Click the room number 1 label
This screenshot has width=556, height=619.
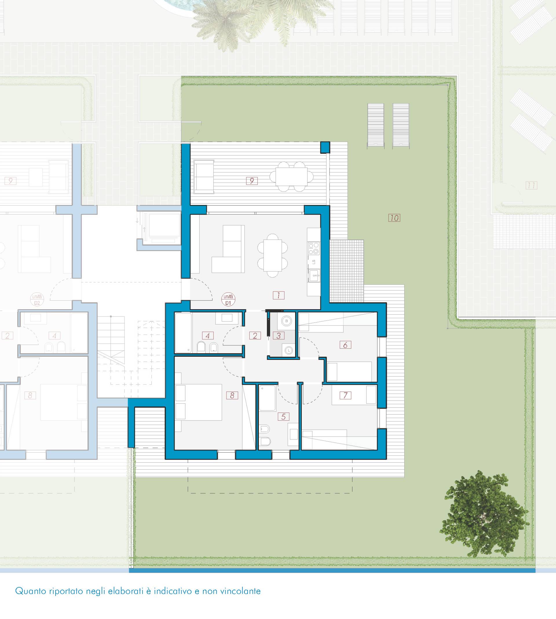click(279, 295)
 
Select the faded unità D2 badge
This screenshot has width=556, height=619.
click(37, 299)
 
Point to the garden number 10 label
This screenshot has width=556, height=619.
click(394, 218)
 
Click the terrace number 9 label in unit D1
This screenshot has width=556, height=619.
click(252, 181)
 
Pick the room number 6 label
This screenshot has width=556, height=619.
click(345, 345)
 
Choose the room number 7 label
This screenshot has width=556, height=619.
click(345, 395)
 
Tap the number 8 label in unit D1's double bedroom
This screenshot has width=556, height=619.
click(232, 395)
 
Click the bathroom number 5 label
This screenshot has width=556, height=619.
click(284, 417)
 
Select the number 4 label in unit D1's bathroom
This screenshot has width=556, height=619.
click(208, 336)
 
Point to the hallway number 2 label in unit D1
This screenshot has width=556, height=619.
click(255, 336)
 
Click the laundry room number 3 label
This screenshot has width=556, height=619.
click(278, 336)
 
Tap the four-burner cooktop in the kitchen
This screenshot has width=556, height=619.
click(314, 248)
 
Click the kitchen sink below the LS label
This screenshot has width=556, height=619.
click(314, 277)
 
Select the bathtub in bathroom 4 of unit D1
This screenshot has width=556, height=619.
click(183, 333)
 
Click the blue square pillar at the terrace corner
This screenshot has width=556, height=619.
click(325, 147)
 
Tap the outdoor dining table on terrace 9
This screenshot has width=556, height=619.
click(291, 177)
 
